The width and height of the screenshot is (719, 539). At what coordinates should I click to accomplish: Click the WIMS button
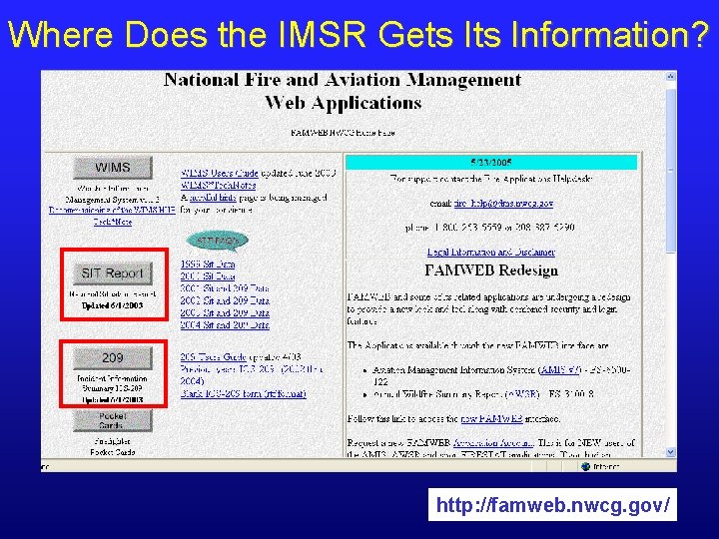[x=114, y=167]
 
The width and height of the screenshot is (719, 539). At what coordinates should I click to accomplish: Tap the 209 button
[x=113, y=357]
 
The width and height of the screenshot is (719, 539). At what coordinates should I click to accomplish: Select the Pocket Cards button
[x=113, y=421]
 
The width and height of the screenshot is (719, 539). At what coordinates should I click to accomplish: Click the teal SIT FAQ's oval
[x=218, y=241]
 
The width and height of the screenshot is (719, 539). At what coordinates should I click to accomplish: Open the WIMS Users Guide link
[x=220, y=173]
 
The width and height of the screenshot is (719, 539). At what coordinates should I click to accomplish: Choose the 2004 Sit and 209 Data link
[x=225, y=324]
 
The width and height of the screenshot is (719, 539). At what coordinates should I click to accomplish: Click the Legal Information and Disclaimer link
[x=490, y=253]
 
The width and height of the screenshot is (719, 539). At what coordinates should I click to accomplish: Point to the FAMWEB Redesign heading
[x=490, y=270]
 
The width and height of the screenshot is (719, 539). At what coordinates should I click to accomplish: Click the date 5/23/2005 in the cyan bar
[x=490, y=162]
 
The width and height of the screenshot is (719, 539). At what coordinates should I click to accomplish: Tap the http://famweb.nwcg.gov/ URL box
[x=553, y=505]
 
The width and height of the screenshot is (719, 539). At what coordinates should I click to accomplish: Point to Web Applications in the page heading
[x=343, y=103]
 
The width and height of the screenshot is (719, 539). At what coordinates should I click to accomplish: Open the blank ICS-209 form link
[x=244, y=394]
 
